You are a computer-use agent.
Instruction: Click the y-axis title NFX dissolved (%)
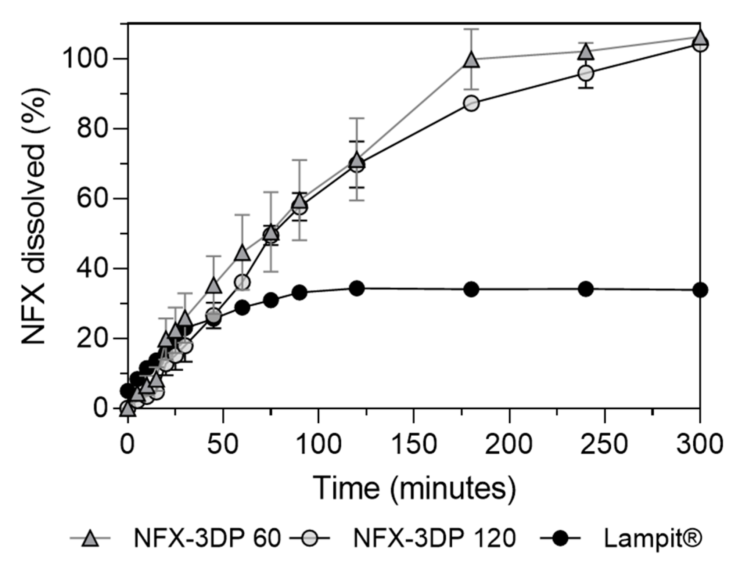tap(34, 216)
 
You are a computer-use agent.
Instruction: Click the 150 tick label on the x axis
tap(414, 444)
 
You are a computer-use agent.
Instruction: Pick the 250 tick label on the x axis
tap(604, 444)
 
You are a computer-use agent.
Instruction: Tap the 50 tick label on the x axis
tap(223, 444)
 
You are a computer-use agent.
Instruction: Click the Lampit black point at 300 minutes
tap(700, 290)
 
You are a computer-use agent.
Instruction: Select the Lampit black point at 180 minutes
tap(471, 289)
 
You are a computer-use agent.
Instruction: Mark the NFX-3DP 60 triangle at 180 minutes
tap(471, 60)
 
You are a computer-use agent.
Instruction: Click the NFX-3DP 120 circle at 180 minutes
tap(471, 104)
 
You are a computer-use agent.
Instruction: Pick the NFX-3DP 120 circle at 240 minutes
tap(586, 73)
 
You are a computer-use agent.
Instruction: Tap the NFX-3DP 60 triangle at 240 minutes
tap(586, 53)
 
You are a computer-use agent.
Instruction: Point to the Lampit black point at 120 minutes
tap(356, 288)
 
